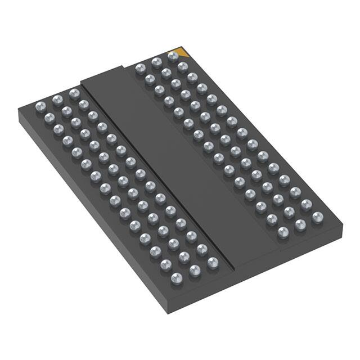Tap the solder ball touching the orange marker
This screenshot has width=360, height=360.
click(x=173, y=57)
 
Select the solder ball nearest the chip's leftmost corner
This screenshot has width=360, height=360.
click(x=40, y=106)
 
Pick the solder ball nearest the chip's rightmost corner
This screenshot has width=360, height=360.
click(x=318, y=215)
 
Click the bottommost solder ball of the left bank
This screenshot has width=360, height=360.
click(x=177, y=277)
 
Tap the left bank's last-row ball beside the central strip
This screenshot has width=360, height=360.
click(x=213, y=262)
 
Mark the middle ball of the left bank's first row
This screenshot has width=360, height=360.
click(x=57, y=100)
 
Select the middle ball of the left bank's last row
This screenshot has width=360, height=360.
click(x=195, y=271)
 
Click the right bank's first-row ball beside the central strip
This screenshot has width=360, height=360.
click(x=140, y=69)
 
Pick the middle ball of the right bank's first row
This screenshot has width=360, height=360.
click(x=156, y=62)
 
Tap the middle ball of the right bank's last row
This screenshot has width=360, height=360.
click(x=300, y=224)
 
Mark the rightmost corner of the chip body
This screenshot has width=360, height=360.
click(x=343, y=226)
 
